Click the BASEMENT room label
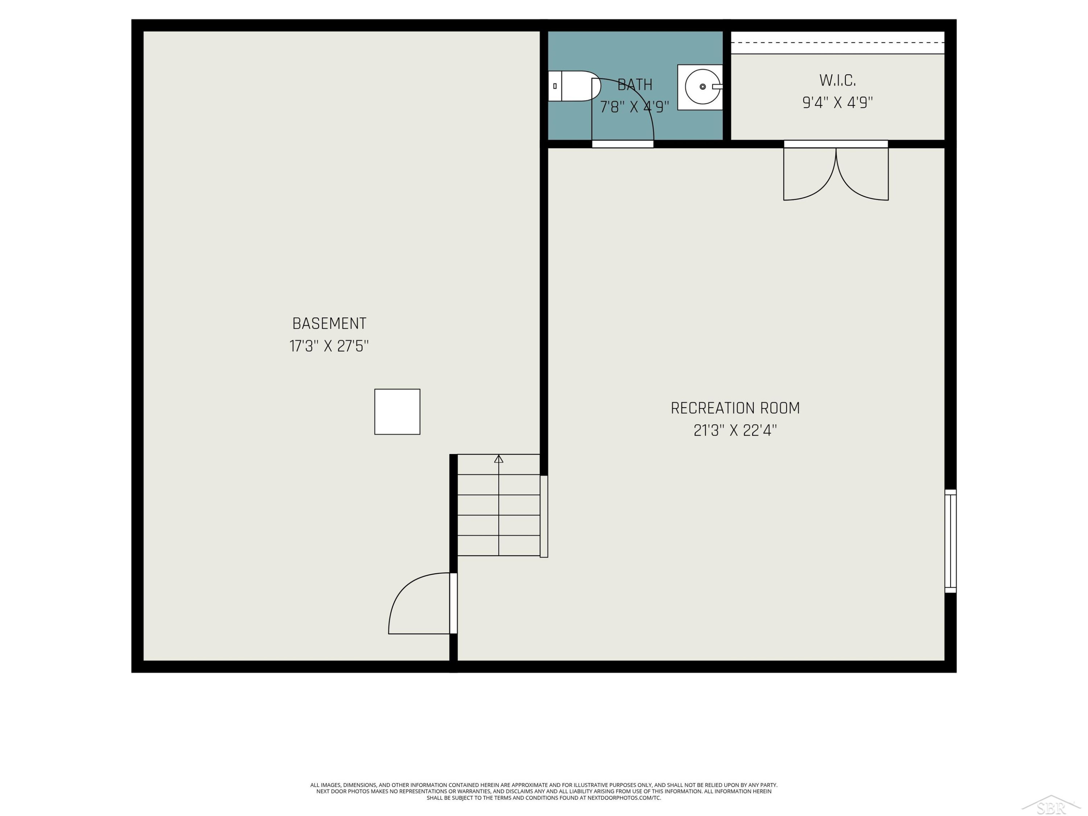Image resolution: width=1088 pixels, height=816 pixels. [x=329, y=323]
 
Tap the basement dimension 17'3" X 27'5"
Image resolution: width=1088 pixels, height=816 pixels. [x=329, y=346]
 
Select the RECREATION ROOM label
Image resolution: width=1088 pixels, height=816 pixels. [x=735, y=408]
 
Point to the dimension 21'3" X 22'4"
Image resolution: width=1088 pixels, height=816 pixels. [x=735, y=431]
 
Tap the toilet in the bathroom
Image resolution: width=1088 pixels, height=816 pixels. [x=574, y=86]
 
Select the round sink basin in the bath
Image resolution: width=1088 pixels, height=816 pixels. [x=702, y=87]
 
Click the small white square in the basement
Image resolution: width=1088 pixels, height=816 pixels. [x=397, y=412]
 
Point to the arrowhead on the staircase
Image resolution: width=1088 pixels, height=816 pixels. [x=499, y=459]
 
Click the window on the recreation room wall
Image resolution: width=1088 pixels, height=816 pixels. [x=950, y=541]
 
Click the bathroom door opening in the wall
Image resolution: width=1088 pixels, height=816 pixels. [x=623, y=144]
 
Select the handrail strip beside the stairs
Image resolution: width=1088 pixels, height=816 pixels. [x=544, y=516]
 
